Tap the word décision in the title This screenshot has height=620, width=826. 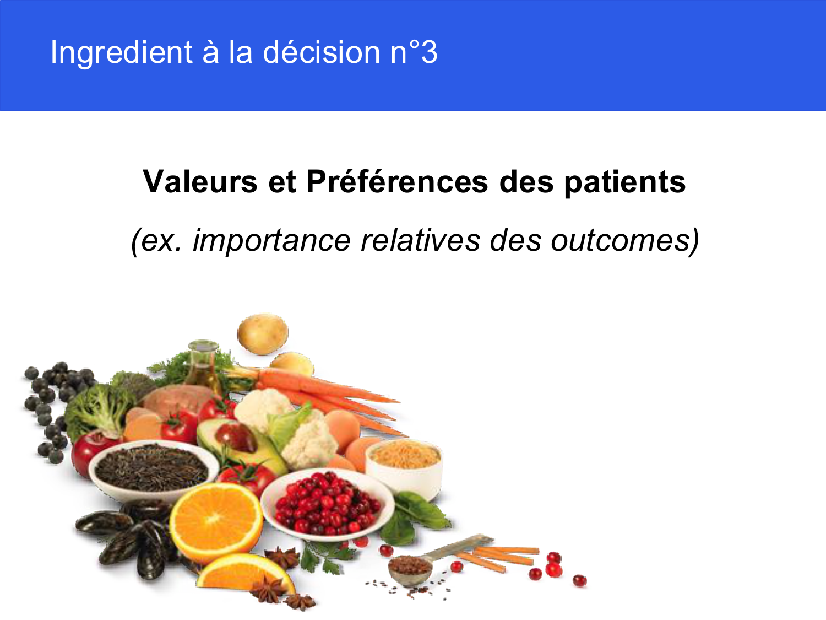[321, 53]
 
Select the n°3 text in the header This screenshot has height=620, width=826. [414, 53]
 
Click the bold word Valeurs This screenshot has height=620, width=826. [199, 181]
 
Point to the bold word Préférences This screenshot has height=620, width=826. [396, 181]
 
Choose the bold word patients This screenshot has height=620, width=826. [624, 181]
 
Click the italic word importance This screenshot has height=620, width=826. [271, 240]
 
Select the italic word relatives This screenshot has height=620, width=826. [420, 240]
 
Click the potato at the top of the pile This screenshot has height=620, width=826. [262, 333]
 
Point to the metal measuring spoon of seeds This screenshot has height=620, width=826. [410, 568]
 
